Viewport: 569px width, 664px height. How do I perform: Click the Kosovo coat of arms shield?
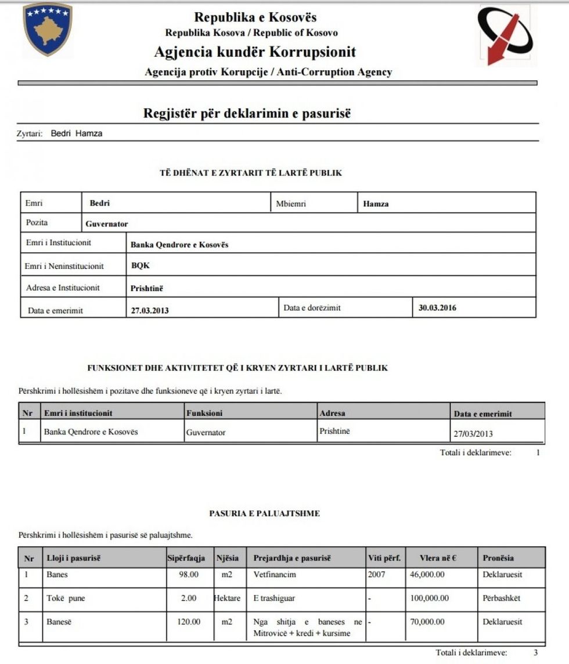click(x=48, y=29)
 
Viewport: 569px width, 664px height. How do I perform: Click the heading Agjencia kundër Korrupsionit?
click(x=255, y=52)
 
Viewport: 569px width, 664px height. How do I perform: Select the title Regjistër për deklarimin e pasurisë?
click(x=247, y=113)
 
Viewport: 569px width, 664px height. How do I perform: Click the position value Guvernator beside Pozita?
click(x=107, y=224)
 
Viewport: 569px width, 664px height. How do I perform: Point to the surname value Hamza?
click(x=376, y=204)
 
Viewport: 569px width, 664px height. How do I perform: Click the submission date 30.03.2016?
click(x=437, y=308)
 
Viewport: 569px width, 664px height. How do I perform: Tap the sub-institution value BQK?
click(x=141, y=266)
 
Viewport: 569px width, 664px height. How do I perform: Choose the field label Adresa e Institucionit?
click(x=63, y=288)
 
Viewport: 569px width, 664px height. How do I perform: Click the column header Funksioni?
click(x=204, y=413)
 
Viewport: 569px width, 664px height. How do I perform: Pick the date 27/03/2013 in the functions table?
click(x=473, y=433)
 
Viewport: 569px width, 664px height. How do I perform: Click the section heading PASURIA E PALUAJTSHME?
click(x=264, y=514)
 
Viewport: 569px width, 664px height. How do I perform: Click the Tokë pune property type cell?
click(x=66, y=598)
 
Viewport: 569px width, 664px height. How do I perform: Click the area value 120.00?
click(x=189, y=622)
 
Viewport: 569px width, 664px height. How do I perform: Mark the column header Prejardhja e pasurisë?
click(x=292, y=558)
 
